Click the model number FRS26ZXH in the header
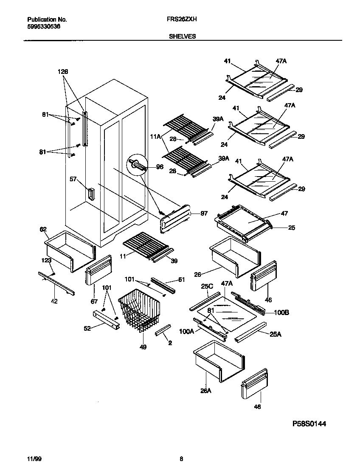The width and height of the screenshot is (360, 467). click(x=184, y=20)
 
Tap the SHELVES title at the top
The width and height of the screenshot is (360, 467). click(x=183, y=37)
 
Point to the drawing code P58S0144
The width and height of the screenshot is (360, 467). click(x=309, y=424)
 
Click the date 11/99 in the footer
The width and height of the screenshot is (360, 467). click(x=33, y=459)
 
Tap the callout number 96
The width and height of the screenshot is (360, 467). click(x=160, y=167)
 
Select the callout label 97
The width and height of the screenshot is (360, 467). click(x=204, y=214)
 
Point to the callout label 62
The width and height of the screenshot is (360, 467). click(x=43, y=229)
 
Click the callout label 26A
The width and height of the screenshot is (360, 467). click(x=205, y=391)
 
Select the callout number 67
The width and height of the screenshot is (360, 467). click(x=94, y=301)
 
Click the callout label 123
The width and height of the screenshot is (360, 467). click(x=46, y=260)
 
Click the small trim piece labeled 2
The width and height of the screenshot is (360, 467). click(x=163, y=329)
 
